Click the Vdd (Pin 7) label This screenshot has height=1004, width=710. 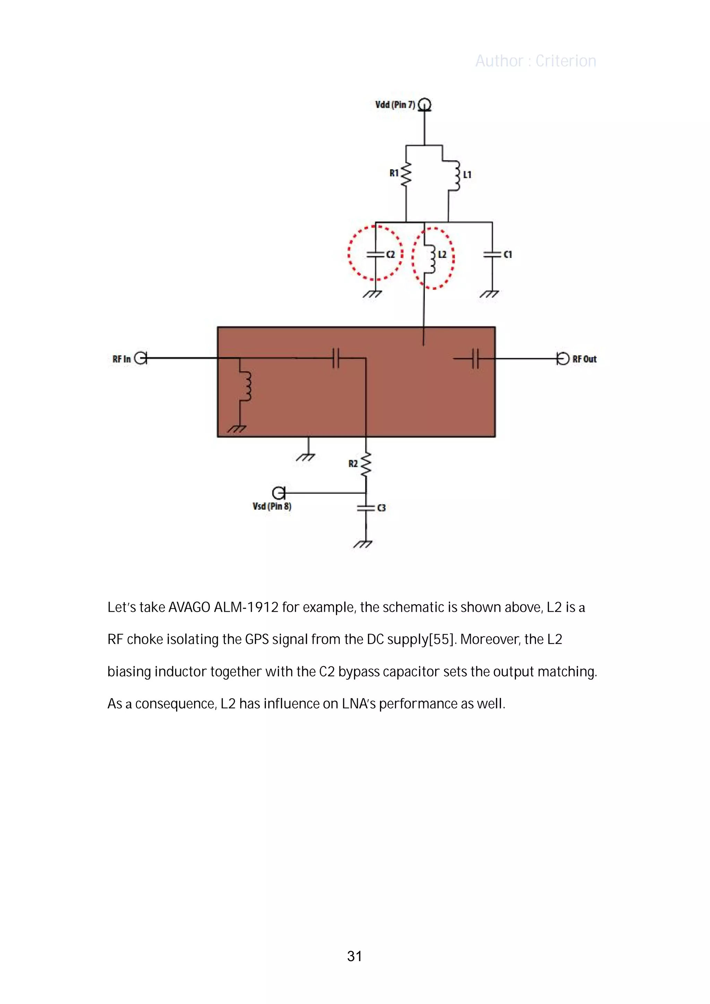(395, 105)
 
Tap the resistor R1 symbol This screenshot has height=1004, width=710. (406, 174)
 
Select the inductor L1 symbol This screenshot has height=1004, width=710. (456, 175)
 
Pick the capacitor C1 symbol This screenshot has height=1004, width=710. (492, 254)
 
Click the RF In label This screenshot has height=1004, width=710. (122, 359)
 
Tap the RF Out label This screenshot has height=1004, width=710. (584, 359)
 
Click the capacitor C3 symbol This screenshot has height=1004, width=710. (366, 508)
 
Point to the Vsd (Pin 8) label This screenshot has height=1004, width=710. (272, 506)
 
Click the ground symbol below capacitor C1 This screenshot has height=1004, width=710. (490, 294)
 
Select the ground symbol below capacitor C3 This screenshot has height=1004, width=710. (363, 544)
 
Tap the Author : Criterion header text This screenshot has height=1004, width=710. (536, 61)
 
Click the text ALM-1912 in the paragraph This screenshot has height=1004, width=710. (246, 608)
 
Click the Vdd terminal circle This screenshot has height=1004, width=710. (424, 105)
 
